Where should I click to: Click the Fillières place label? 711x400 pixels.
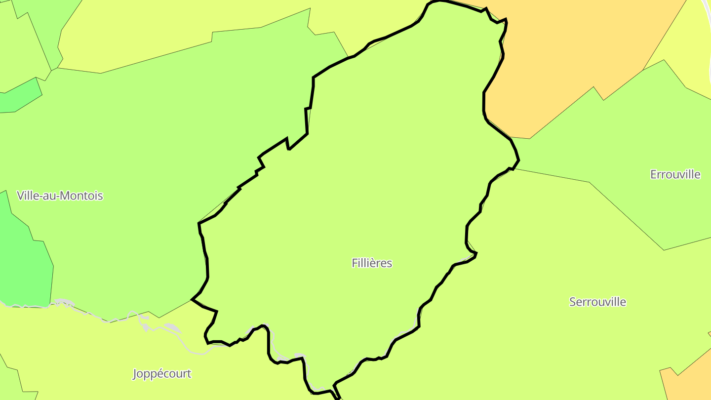pos(372,263)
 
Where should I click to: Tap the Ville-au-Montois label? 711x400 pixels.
pos(60,196)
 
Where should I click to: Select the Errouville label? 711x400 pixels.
pos(675,174)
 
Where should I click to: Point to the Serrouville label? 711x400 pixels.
pos(597,302)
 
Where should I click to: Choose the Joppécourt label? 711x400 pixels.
pos(162,374)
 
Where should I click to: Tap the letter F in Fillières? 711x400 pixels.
pos(355,263)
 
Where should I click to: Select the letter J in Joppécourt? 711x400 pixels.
pos(135,374)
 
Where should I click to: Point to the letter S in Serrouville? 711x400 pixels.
pos(573,302)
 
